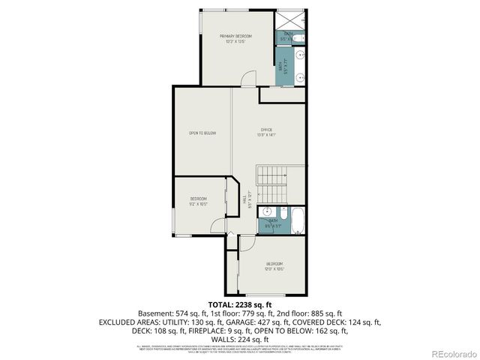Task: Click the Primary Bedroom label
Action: click(x=235, y=38)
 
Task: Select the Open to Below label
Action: click(x=202, y=133)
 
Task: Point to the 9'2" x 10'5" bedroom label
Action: click(x=198, y=201)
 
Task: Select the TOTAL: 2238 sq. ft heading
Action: click(x=239, y=305)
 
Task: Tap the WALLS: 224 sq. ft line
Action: click(x=239, y=338)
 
